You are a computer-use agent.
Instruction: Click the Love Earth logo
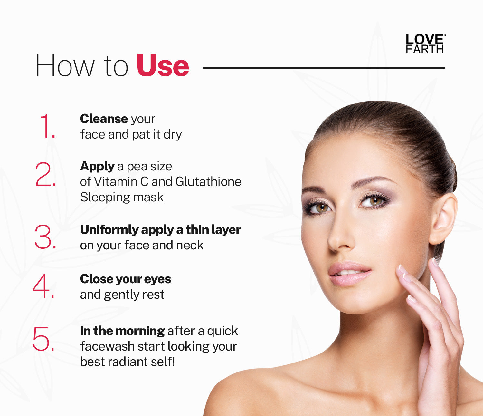[x=425, y=44]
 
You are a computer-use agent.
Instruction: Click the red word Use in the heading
[x=163, y=65]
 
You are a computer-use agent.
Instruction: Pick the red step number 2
[x=46, y=174]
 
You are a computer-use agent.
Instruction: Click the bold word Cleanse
[x=104, y=119]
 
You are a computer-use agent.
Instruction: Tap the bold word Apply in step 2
[x=97, y=167]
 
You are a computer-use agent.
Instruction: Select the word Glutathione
[x=208, y=181]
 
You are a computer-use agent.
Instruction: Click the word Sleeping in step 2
[x=105, y=198]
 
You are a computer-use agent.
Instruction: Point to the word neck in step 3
[x=190, y=245]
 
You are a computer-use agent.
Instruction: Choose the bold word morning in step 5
[x=140, y=331]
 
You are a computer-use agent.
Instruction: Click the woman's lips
[x=350, y=273]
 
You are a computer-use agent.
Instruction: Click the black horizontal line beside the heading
[x=324, y=68]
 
